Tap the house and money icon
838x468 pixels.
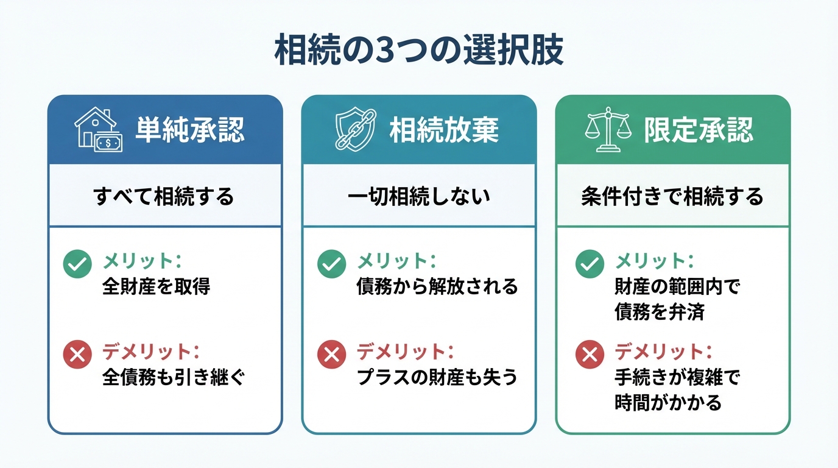[x=97, y=130]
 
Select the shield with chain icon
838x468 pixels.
[x=351, y=130]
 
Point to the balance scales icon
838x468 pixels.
[x=607, y=129]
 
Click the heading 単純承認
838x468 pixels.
[x=189, y=130]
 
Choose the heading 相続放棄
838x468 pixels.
[x=444, y=130]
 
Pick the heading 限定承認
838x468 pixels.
[x=699, y=130]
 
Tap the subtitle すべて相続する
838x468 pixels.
[x=164, y=197]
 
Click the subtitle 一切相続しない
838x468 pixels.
[x=419, y=197]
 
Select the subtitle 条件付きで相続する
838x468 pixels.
[x=672, y=197]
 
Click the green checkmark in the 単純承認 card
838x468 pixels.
[x=77, y=264]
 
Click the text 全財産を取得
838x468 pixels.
[x=156, y=286]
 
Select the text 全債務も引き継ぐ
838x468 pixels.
[x=174, y=378]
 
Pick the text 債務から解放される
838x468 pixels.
[x=437, y=286]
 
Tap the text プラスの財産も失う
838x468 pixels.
[x=437, y=378]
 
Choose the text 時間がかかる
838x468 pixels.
[x=667, y=403]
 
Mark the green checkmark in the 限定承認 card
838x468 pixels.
[x=590, y=264]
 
